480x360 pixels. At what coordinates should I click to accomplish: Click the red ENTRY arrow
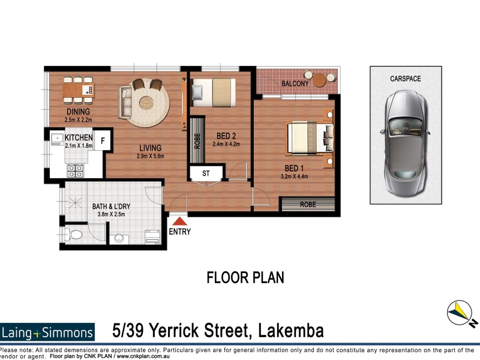[179, 223]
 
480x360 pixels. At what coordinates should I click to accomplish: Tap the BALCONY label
[295, 84]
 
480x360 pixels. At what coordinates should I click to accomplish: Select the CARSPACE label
[405, 79]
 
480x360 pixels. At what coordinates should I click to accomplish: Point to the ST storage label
[206, 173]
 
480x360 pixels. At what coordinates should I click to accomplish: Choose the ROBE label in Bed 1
[308, 205]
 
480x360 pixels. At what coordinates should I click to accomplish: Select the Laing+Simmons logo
[48, 332]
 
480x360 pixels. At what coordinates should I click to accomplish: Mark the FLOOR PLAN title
[245, 278]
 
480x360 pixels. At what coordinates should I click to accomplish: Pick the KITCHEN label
[79, 137]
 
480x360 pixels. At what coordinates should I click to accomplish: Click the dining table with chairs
[79, 90]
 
